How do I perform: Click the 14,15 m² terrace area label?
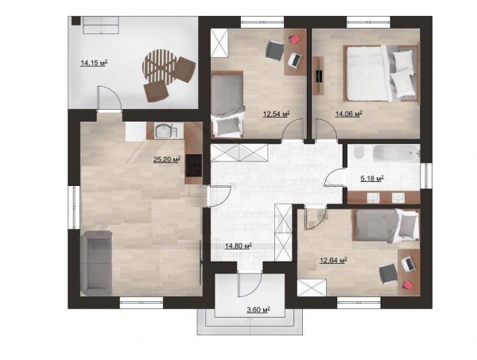94,64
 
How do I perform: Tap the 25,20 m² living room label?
167,159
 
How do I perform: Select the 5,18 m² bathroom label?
372,178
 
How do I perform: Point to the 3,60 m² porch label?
258,310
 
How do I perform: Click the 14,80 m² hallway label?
238,246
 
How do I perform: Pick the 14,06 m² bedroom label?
349,114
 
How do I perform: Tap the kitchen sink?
165,131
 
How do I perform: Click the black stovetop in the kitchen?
193,166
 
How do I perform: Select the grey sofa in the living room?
96,263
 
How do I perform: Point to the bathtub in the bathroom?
396,153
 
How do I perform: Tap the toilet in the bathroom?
358,151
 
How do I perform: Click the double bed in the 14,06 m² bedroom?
381,73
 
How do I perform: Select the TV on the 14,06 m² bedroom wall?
319,75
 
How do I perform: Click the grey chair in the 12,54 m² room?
275,50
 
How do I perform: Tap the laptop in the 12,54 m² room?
295,60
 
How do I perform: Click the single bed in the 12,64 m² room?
386,226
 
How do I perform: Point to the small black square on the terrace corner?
76,21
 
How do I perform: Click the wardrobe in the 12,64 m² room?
312,288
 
